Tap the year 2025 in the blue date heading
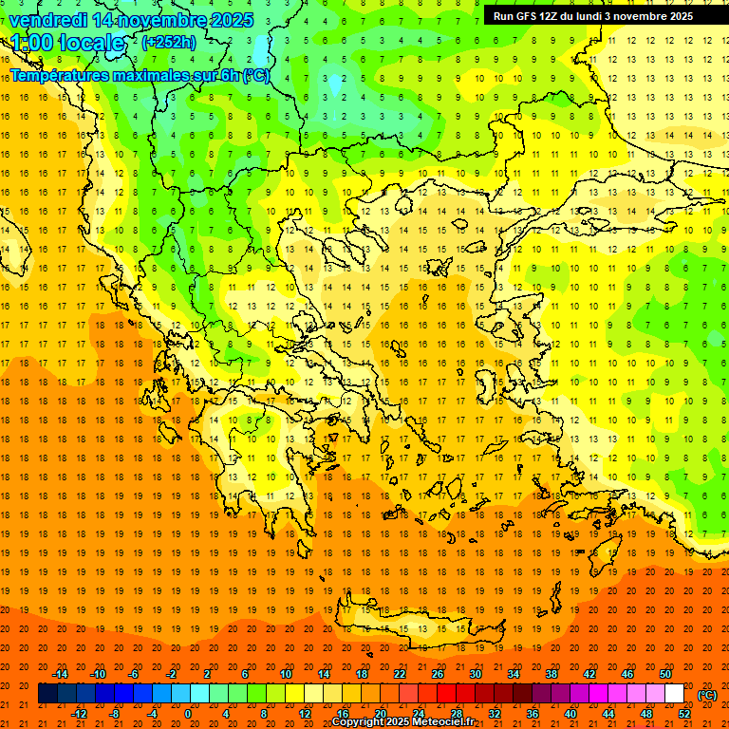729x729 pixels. coord(227,20)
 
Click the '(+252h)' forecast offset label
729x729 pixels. coord(169,43)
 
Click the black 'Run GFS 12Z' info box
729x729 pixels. coord(593,16)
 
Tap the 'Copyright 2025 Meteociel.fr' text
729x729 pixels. coord(403,722)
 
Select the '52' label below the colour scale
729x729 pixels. coord(684,714)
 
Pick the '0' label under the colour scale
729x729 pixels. coord(188,714)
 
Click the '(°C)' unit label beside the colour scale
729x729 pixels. coord(707,695)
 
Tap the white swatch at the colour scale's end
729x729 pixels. coord(675,694)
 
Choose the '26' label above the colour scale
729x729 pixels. coord(438,674)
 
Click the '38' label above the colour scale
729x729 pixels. coord(551,674)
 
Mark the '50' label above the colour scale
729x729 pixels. coord(665,674)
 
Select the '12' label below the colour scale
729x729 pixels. coord(305,714)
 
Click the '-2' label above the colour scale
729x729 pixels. coord(172,674)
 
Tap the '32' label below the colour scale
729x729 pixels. coord(495,714)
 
